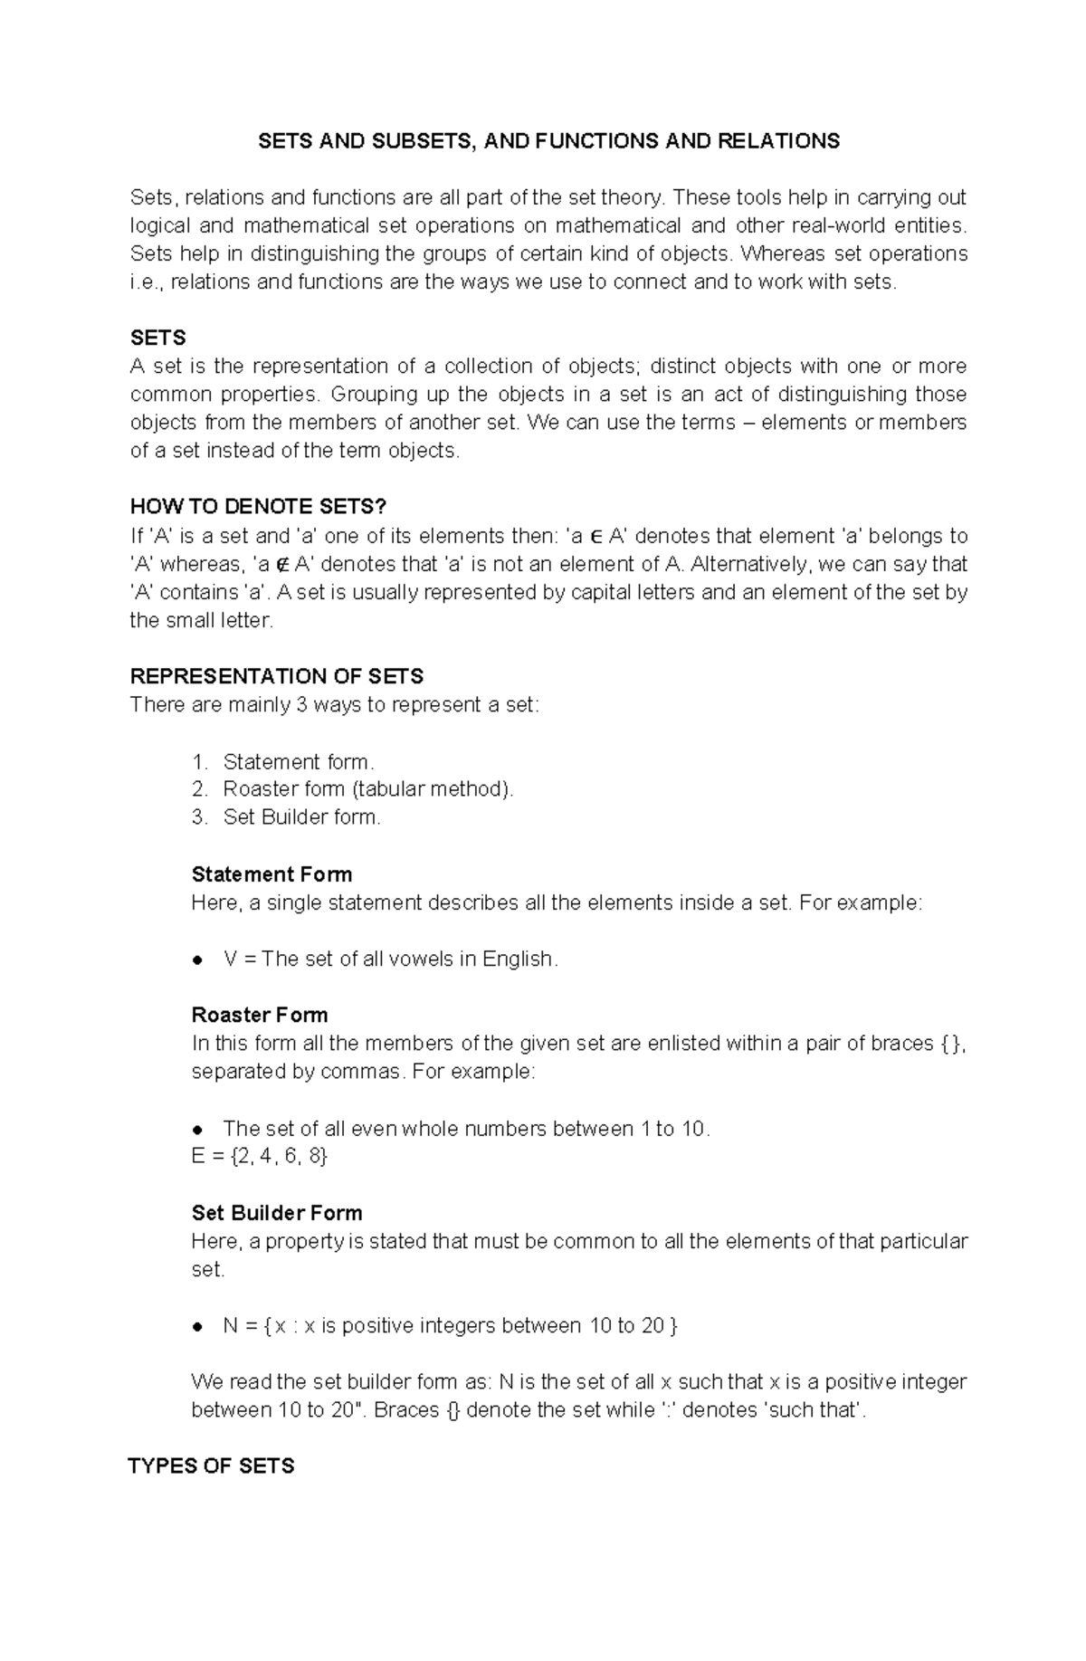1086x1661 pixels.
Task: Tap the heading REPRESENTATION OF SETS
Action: pyautogui.click(x=277, y=676)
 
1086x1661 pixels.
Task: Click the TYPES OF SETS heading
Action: pyautogui.click(x=212, y=1465)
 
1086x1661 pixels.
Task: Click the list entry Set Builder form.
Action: pyautogui.click(x=301, y=816)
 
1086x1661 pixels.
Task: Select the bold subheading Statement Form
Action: pyautogui.click(x=271, y=874)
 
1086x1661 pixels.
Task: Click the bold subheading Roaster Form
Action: pyautogui.click(x=260, y=1015)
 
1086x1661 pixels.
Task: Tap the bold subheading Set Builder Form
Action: pyautogui.click(x=277, y=1213)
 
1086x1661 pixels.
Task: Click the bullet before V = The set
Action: pyautogui.click(x=196, y=960)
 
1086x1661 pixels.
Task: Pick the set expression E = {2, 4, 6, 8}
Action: pyautogui.click(x=260, y=1156)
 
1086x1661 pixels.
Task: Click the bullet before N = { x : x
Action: pyautogui.click(x=196, y=1327)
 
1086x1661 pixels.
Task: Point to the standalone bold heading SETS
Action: pyautogui.click(x=158, y=338)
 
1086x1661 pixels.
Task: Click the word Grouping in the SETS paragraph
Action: pyautogui.click(x=374, y=394)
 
